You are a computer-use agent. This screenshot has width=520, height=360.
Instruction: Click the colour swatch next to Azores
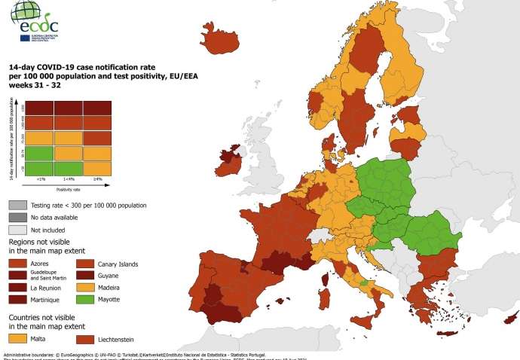pyautogui.click(x=19, y=264)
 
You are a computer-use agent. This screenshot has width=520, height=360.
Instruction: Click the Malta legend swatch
pyautogui.click(x=19, y=340)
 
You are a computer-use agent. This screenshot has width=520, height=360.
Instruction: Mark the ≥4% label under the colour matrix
pyautogui.click(x=97, y=179)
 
